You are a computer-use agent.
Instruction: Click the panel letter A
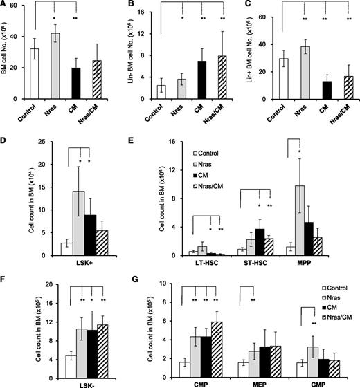[x=5, y=6]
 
